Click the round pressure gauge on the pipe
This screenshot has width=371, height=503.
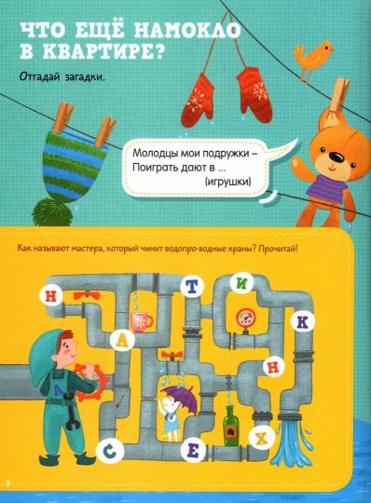coord(245,319)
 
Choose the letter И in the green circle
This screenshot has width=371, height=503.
coord(268,289)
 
